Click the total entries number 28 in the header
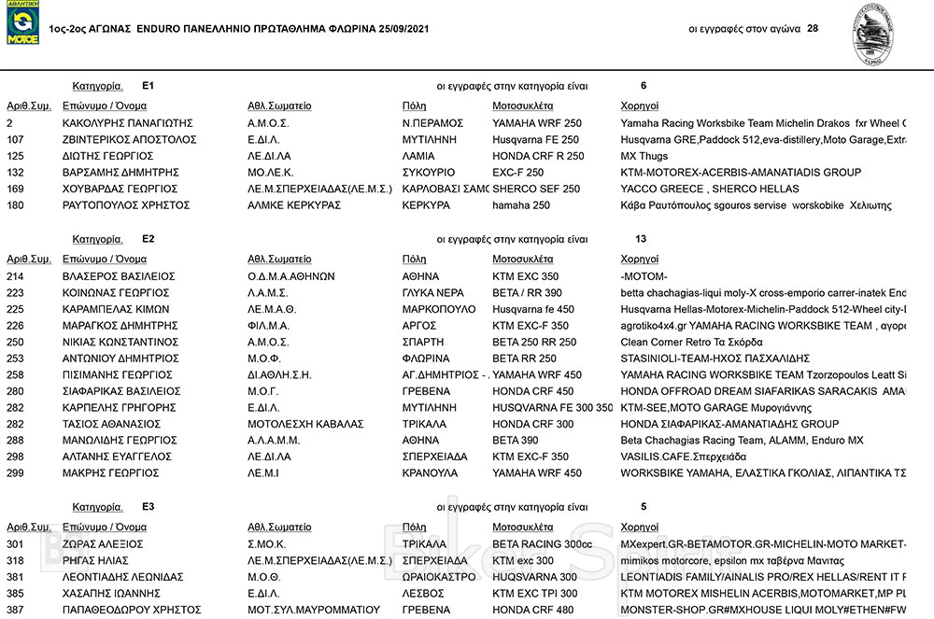812,28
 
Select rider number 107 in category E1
15,139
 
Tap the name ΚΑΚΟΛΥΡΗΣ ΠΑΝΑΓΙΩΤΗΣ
127,123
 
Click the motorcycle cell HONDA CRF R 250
537,156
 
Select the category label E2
149,239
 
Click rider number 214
15,277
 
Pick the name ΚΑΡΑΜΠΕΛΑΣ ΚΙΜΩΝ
115,310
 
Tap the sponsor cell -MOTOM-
644,277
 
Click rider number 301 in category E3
15,544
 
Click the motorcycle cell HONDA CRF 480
532,609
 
